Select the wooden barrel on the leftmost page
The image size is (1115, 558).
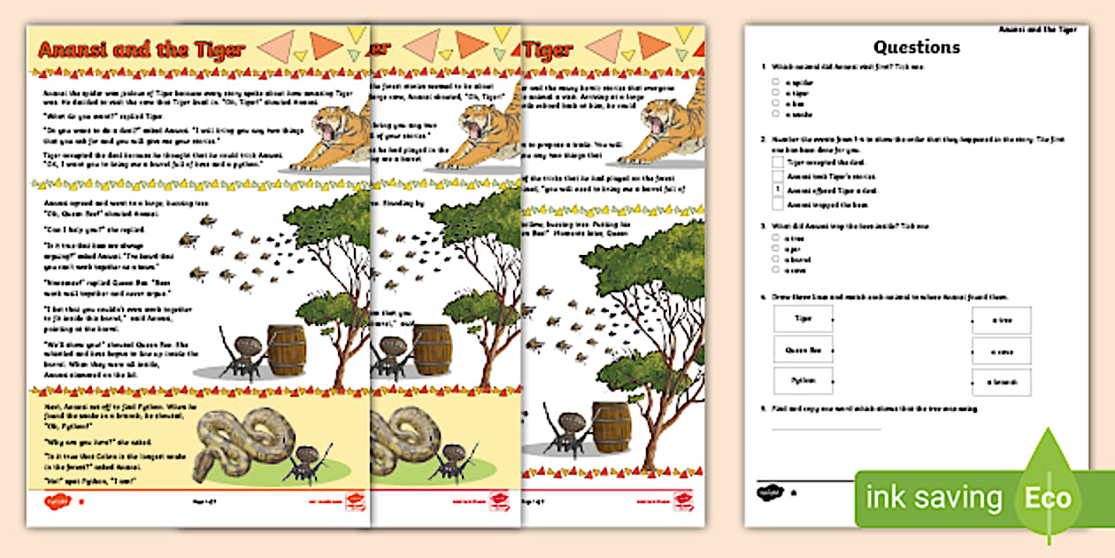point(286,351)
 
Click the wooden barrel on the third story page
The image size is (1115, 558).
point(611,428)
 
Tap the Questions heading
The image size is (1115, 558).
point(916,47)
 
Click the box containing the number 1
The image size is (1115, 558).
point(777,190)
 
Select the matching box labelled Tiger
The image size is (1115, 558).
point(803,319)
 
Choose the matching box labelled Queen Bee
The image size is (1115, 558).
point(803,350)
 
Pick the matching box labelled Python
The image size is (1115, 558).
point(803,381)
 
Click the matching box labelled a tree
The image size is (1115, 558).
point(1001,320)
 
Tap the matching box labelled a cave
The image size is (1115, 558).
point(1001,351)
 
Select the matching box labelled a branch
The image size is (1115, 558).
point(1001,382)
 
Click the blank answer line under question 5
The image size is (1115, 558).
point(826,429)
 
